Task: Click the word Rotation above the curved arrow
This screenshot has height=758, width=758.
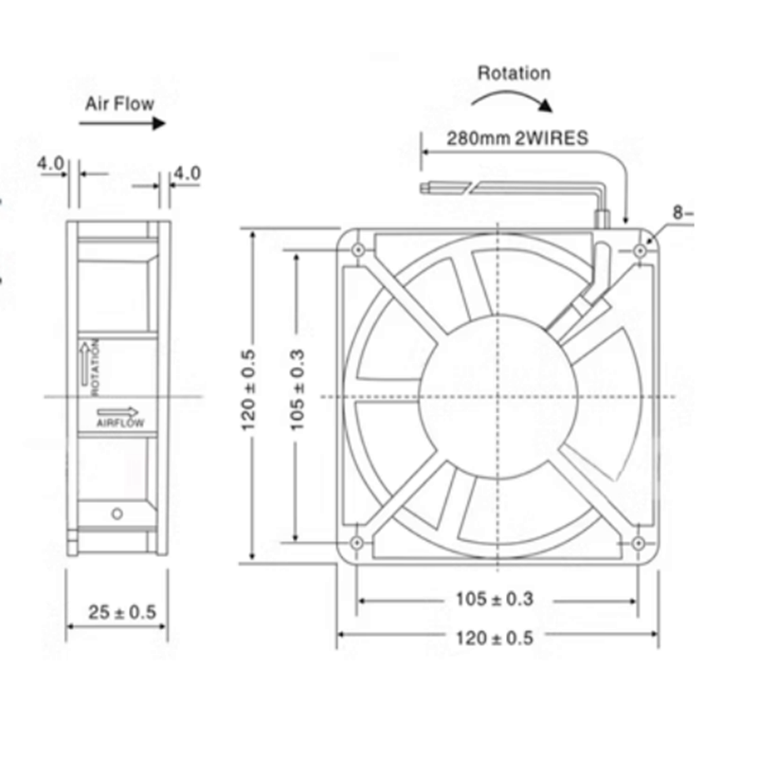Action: pyautogui.click(x=514, y=73)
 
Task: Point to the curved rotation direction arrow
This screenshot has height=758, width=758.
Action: pyautogui.click(x=512, y=99)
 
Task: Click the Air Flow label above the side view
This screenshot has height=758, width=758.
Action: pyautogui.click(x=119, y=102)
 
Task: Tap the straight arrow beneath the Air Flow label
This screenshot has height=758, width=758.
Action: pyautogui.click(x=122, y=123)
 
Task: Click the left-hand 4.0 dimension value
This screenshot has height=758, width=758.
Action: pyautogui.click(x=50, y=163)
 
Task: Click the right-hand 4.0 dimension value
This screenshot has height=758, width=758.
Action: pyautogui.click(x=187, y=172)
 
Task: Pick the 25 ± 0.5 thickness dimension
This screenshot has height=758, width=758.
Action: pyautogui.click(x=121, y=612)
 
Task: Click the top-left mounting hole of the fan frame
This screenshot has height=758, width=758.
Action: pyautogui.click(x=357, y=250)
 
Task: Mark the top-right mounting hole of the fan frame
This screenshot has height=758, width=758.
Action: pyautogui.click(x=639, y=250)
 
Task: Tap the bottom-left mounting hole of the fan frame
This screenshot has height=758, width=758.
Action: pyautogui.click(x=357, y=542)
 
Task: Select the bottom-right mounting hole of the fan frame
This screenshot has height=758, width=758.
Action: pyautogui.click(x=639, y=542)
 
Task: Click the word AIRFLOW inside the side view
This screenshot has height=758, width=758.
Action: pyautogui.click(x=120, y=424)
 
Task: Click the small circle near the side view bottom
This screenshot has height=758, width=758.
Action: pyautogui.click(x=117, y=514)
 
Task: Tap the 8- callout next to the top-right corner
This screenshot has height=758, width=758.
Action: pyautogui.click(x=683, y=213)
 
